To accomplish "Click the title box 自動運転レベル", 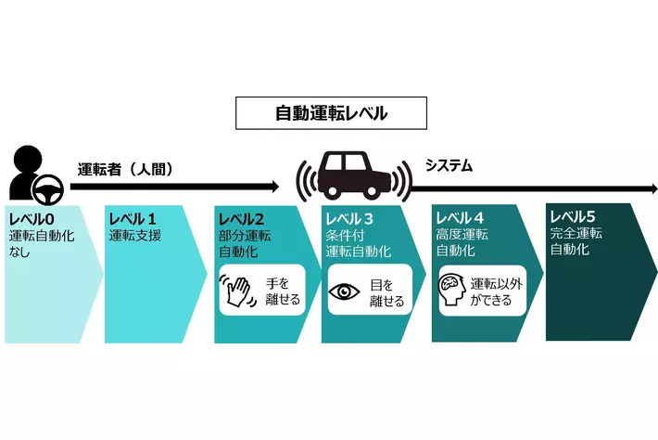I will pyautogui.click(x=331, y=113).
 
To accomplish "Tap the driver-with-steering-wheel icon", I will pyautogui.click(x=32, y=175).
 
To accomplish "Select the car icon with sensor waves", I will pyautogui.click(x=352, y=175).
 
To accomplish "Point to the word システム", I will pyautogui.click(x=449, y=166).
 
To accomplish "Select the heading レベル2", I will pyautogui.click(x=241, y=219).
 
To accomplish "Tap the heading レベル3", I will pyautogui.click(x=349, y=219).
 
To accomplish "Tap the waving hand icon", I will pyautogui.click(x=236, y=290).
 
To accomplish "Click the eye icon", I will pyautogui.click(x=345, y=291).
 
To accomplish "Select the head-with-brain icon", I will pyautogui.click(x=453, y=291).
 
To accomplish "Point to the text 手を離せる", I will pyautogui.click(x=278, y=290).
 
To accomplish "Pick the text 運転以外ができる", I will pyautogui.click(x=497, y=291).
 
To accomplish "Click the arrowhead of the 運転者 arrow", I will pyautogui.click(x=274, y=186).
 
